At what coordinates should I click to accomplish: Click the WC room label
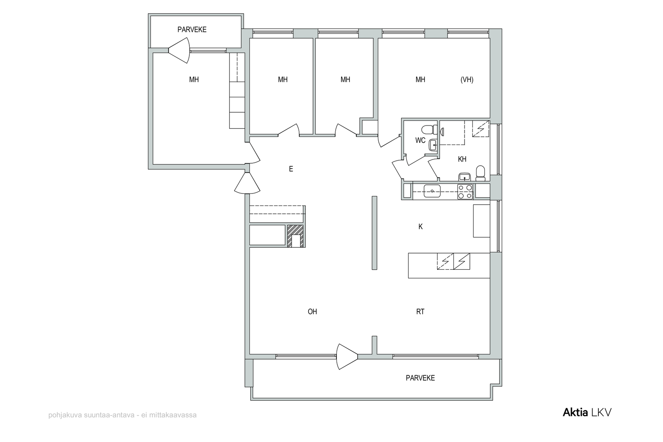click(420, 140)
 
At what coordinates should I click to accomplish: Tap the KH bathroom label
click(462, 159)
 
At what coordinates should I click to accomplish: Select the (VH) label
click(467, 80)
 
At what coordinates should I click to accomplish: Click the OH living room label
click(312, 312)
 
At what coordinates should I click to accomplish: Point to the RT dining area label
click(420, 312)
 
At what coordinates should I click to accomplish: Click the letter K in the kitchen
click(420, 227)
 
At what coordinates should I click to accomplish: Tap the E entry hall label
click(291, 169)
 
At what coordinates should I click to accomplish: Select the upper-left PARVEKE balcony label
click(192, 29)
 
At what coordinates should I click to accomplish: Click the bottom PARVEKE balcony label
click(420, 378)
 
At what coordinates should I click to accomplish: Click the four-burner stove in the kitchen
click(465, 191)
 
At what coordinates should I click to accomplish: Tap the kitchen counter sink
click(432, 191)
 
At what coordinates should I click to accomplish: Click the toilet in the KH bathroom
click(480, 174)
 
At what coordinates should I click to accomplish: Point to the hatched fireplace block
click(296, 237)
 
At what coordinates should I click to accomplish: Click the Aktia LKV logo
click(587, 413)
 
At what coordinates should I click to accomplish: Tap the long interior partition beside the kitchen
click(375, 233)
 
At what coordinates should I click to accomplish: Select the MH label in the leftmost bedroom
click(194, 80)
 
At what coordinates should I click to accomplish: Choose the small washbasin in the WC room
click(433, 145)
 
